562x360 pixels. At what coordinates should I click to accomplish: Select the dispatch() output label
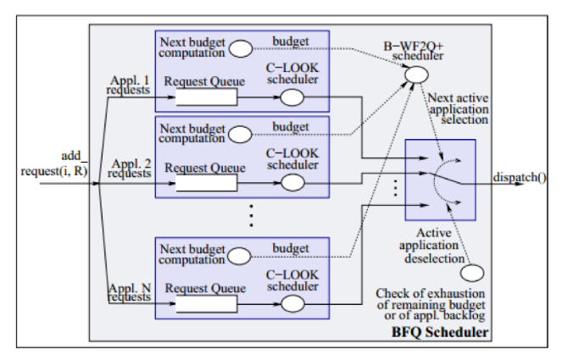click(x=520, y=177)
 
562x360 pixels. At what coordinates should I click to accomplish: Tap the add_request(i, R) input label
click(x=53, y=164)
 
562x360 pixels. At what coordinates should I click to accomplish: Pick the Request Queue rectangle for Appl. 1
click(x=206, y=97)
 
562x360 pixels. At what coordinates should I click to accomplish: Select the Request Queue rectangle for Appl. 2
click(x=206, y=183)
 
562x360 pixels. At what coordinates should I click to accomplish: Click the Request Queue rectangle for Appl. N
click(x=206, y=304)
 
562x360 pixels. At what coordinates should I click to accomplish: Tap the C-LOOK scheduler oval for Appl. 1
click(x=292, y=97)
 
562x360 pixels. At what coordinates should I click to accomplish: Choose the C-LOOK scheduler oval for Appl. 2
click(x=292, y=183)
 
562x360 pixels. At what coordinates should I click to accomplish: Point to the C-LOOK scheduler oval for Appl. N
click(x=292, y=305)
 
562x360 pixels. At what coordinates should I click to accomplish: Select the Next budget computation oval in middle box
click(x=240, y=133)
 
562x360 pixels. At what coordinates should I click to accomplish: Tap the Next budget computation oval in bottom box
click(x=240, y=255)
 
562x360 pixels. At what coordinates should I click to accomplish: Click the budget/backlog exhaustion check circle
click(x=472, y=273)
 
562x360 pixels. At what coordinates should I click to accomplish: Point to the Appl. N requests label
click(x=129, y=293)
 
